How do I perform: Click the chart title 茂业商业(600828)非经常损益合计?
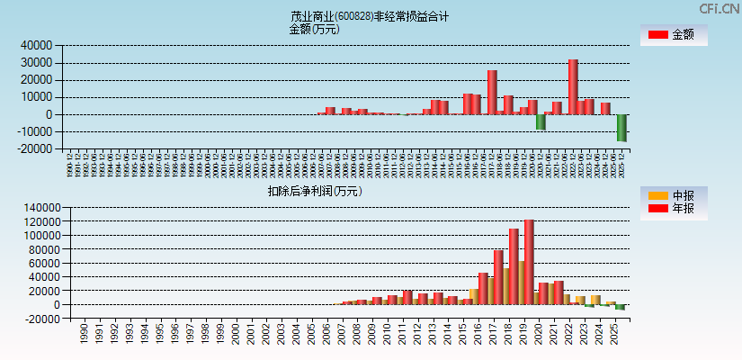pyautogui.click(x=370, y=16)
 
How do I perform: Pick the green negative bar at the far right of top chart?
pyautogui.click(x=621, y=128)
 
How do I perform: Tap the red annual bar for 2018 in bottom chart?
pyautogui.click(x=514, y=266)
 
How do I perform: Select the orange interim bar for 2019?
pyautogui.click(x=522, y=283)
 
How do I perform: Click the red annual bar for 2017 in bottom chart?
pyautogui.click(x=498, y=277)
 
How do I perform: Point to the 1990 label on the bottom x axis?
pyautogui.click(x=84, y=334)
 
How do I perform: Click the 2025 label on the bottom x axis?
pyautogui.click(x=613, y=334)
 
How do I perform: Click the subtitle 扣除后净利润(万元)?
pyautogui.click(x=314, y=191)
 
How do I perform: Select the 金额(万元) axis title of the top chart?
pyautogui.click(x=314, y=29)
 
